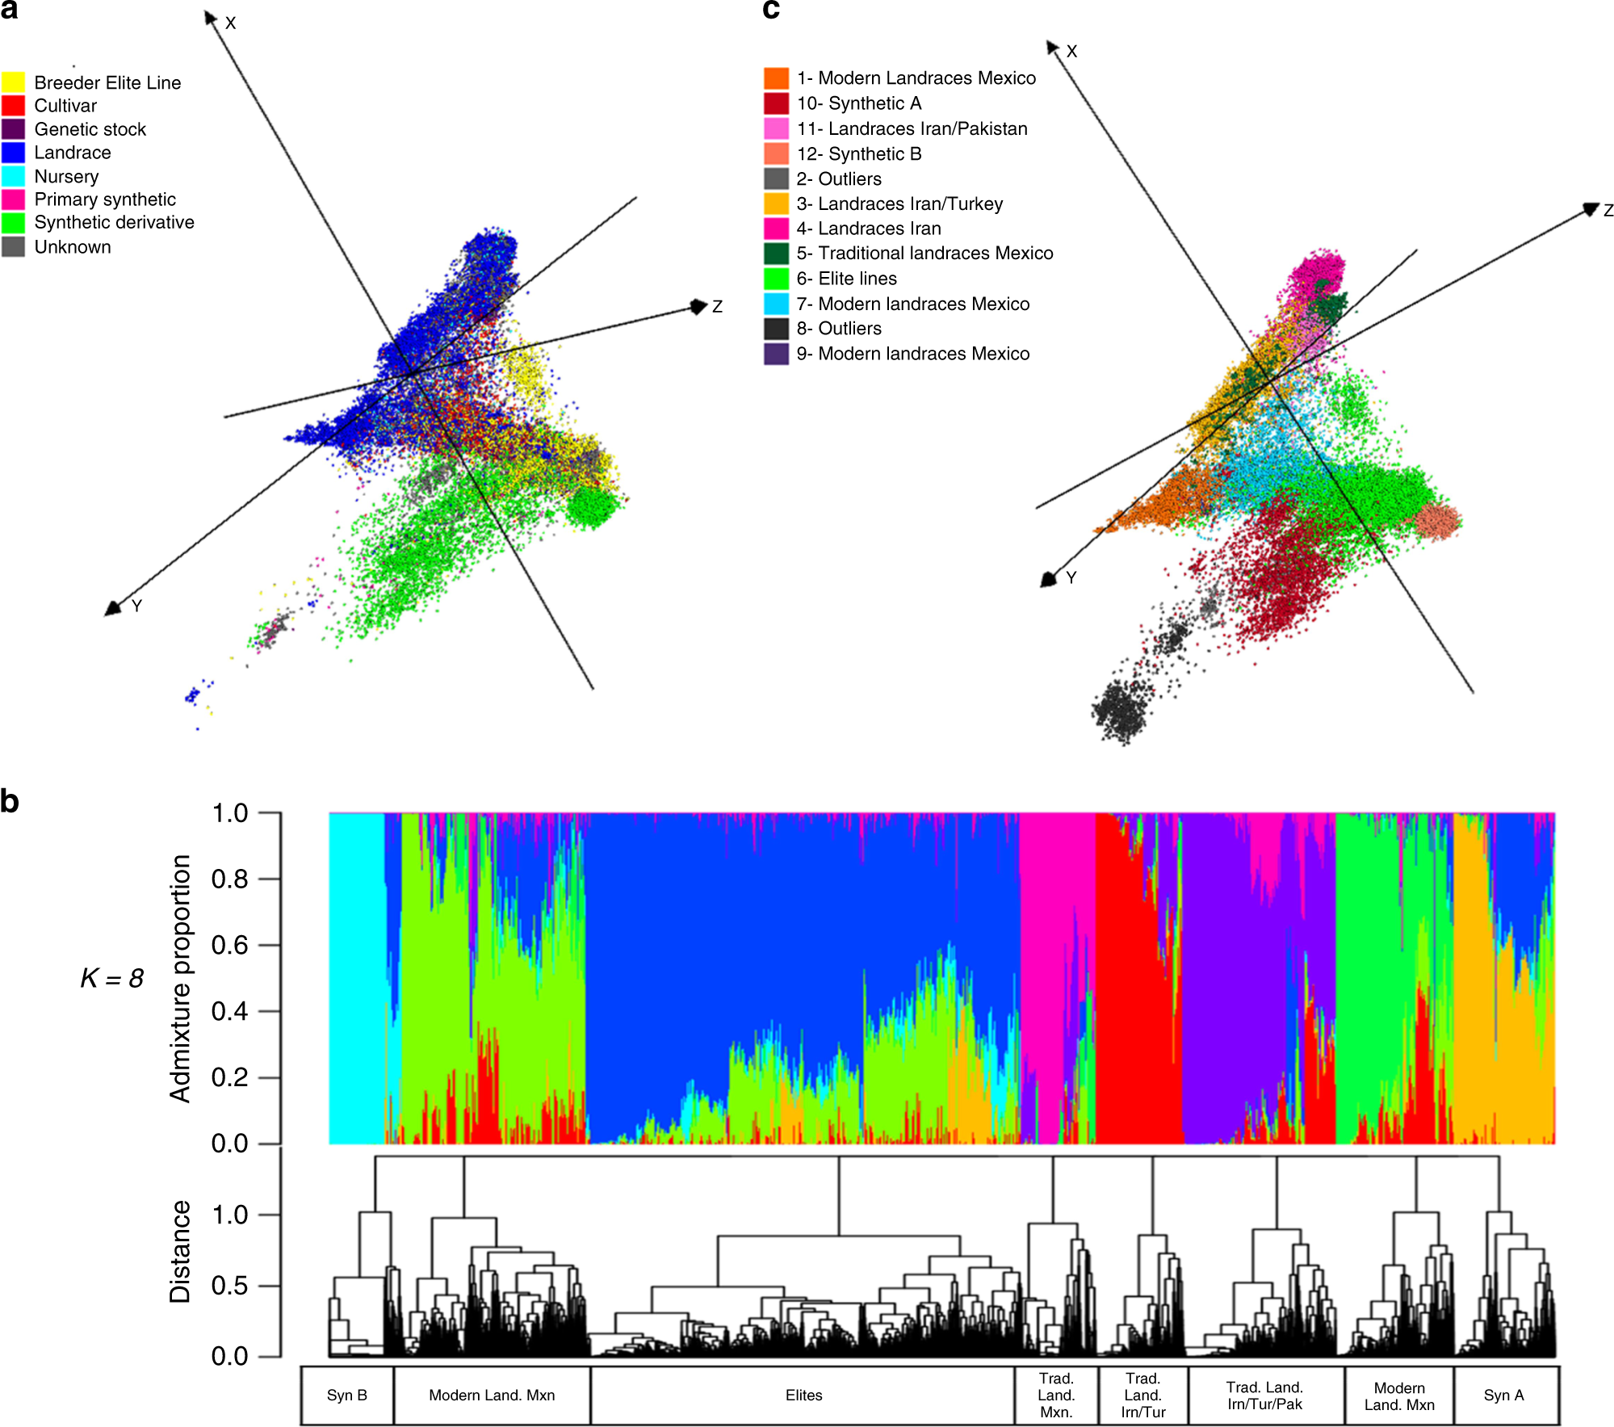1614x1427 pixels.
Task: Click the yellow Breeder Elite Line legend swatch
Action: (13, 82)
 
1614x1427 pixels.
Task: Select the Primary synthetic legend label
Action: (104, 199)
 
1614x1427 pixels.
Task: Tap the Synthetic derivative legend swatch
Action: (13, 223)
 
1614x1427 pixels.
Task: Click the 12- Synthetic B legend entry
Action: (858, 154)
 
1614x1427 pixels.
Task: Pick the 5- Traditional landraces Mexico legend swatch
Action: (776, 254)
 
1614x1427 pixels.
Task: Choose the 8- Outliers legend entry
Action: (838, 329)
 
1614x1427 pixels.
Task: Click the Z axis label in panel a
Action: (717, 307)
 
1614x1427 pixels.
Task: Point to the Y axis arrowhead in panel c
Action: (1049, 578)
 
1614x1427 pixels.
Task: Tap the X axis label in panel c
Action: (1071, 52)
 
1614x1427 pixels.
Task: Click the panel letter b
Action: (10, 801)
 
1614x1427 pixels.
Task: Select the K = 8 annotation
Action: (111, 978)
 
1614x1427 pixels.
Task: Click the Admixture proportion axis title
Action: (180, 978)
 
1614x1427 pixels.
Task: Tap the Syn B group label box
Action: (347, 1396)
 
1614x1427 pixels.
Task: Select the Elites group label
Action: (803, 1396)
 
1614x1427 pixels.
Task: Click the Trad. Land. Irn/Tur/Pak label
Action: (1264, 1396)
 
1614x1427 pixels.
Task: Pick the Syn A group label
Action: (1503, 1396)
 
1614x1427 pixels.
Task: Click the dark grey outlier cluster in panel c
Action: (1122, 711)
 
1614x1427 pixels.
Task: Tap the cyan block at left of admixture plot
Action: (356, 977)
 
